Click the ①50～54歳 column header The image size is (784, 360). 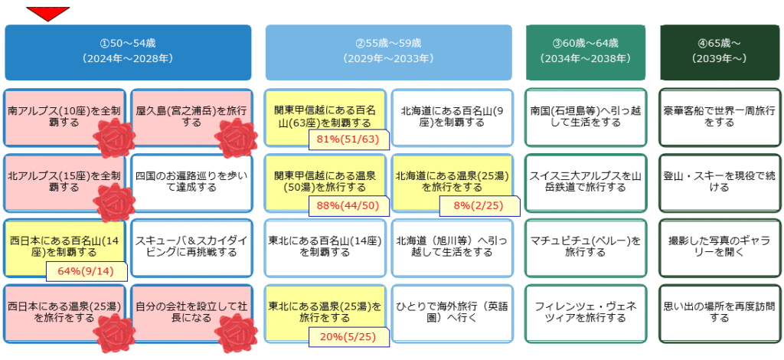click(128, 52)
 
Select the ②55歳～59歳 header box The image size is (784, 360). click(388, 52)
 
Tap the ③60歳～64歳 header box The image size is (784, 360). click(586, 52)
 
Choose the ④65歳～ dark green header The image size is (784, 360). click(720, 52)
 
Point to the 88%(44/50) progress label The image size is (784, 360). click(349, 205)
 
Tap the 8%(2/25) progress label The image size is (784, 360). click(479, 205)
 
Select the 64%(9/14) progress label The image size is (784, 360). click(87, 271)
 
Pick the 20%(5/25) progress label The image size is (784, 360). click(349, 336)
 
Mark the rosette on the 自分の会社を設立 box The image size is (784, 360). click(234, 333)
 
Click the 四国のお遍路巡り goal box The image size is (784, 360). click(191, 182)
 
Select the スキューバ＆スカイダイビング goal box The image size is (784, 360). click(191, 247)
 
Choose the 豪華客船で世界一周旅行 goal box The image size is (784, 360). click(720, 116)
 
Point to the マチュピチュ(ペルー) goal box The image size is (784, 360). click(586, 247)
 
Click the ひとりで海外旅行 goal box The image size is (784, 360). click(452, 313)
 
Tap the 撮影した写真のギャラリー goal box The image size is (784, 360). click(720, 247)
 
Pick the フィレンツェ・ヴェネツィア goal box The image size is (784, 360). click(586, 313)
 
